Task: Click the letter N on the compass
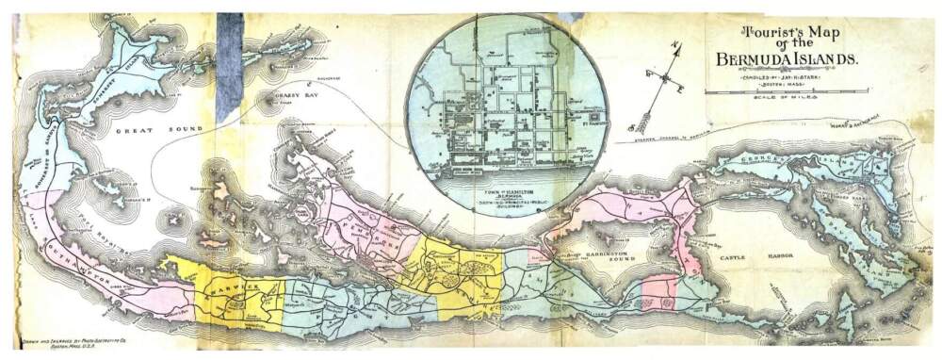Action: [x=675, y=43]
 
